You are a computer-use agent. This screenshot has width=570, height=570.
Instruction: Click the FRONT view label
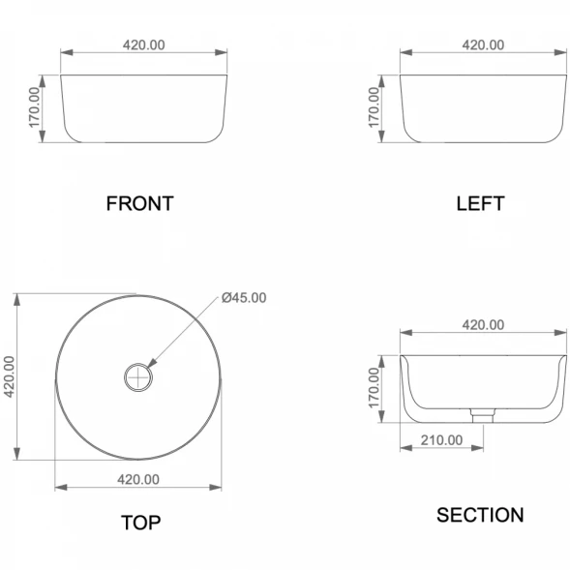pyautogui.click(x=140, y=203)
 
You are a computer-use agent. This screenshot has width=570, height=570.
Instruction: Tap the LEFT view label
pyautogui.click(x=480, y=203)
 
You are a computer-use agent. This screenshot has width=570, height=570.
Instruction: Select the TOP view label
pyautogui.click(x=140, y=523)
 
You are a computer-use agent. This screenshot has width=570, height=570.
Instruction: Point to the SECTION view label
pyautogui.click(x=480, y=515)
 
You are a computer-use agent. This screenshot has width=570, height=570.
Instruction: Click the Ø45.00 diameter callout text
pyautogui.click(x=244, y=298)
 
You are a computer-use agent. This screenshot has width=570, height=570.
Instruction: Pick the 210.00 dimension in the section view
pyautogui.click(x=441, y=440)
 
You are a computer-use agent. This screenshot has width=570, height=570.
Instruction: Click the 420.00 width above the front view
pyautogui.click(x=143, y=45)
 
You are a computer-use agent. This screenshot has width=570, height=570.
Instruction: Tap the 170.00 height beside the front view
pyautogui.click(x=34, y=107)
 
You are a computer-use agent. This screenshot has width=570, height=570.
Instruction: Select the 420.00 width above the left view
pyautogui.click(x=483, y=45)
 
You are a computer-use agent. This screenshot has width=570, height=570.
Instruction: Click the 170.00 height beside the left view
pyautogui.click(x=374, y=107)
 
